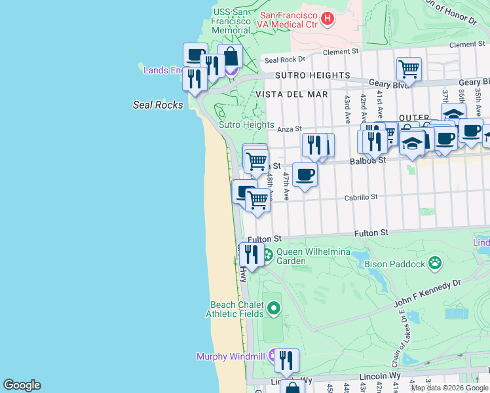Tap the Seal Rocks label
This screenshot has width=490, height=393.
coord(158,105)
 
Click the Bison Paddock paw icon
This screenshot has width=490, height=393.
coord(435,264)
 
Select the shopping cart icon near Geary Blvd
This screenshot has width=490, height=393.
coord(409,67)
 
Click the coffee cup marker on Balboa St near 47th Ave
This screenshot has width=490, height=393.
coord(305,174)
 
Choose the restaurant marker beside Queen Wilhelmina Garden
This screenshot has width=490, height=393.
coord(252,253)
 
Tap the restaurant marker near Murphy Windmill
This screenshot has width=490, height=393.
coord(286,360)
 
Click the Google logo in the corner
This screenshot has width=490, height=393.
coord(22,385)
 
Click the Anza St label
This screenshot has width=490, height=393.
coord(288,129)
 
